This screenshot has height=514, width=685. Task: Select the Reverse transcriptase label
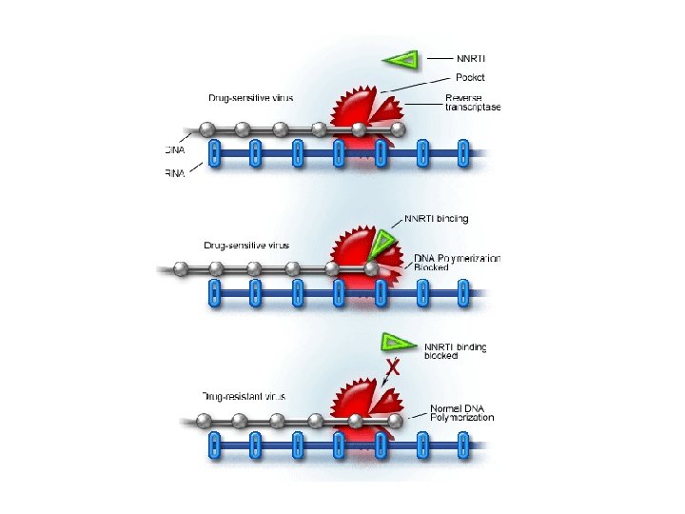[x=472, y=102]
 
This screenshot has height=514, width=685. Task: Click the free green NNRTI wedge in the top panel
[x=401, y=61]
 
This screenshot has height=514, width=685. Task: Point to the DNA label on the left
[x=175, y=149]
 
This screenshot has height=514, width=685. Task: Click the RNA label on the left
[x=175, y=171]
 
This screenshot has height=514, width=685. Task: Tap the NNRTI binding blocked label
[x=455, y=351]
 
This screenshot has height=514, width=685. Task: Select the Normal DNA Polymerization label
[x=461, y=411]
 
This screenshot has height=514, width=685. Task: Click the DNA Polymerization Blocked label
[x=457, y=263]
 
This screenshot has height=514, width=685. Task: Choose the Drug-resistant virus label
[x=245, y=396]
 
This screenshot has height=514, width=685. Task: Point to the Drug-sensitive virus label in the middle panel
[x=240, y=246]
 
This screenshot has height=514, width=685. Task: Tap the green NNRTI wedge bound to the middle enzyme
[x=383, y=244]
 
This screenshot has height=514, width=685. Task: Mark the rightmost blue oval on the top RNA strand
[x=463, y=152]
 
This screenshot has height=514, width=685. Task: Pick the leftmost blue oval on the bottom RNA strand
[x=214, y=443]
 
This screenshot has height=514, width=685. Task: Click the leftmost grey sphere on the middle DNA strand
[x=179, y=269]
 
